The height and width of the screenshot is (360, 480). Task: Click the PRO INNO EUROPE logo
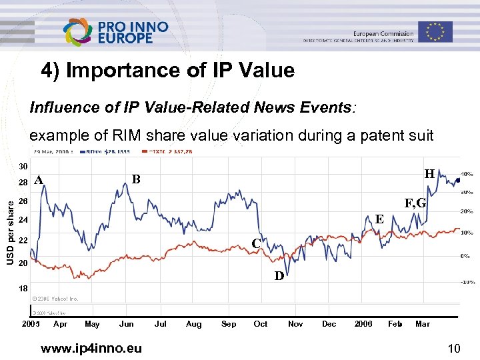115,32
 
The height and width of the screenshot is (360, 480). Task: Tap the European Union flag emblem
435,31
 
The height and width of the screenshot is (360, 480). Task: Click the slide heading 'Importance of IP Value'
167,70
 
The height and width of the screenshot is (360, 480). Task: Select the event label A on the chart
39,179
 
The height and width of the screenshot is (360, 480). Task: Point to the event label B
135,179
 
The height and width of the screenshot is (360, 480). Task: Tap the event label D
279,275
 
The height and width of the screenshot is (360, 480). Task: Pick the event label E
379,219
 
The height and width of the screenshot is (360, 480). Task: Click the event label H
429,174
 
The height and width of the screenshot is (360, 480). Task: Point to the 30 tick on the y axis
23,166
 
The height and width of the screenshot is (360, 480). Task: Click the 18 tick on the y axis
23,289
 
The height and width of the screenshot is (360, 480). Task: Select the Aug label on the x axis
193,324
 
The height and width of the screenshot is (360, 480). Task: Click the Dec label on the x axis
329,324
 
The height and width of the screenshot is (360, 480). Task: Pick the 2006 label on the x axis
363,324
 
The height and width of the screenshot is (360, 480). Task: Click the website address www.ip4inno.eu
91,347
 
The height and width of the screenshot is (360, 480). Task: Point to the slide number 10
455,347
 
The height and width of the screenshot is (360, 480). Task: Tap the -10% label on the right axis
467,282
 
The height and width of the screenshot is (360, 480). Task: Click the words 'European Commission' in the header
383,33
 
